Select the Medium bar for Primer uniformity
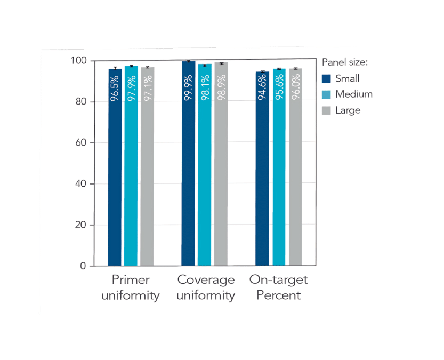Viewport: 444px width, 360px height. point(131,171)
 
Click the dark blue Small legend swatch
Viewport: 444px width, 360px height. point(327,79)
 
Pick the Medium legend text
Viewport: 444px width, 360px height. point(353,94)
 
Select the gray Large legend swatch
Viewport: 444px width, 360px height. point(327,110)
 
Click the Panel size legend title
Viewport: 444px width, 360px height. point(345,62)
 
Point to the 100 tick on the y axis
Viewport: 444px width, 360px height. point(78,61)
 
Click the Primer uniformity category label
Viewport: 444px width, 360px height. point(131,287)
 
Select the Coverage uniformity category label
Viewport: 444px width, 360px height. point(206,287)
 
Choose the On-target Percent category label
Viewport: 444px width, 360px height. point(279,287)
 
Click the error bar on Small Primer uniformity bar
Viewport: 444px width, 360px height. point(115,69)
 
